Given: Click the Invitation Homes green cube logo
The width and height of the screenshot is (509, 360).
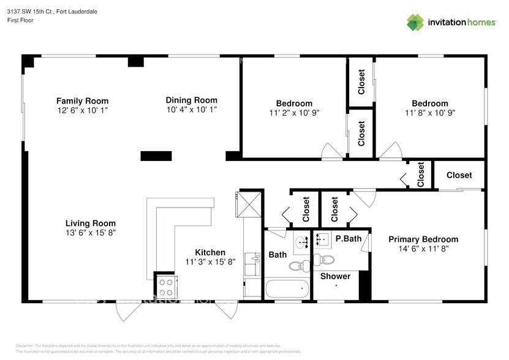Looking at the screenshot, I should pyautogui.click(x=415, y=22).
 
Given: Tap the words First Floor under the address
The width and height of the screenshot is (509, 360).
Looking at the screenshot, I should pyautogui.click(x=20, y=20).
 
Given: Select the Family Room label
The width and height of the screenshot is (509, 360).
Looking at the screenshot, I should pyautogui.click(x=82, y=101).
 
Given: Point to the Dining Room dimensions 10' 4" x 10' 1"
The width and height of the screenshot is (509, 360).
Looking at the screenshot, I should pyautogui.click(x=191, y=110).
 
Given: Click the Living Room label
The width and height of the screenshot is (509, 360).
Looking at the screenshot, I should pyautogui.click(x=91, y=223).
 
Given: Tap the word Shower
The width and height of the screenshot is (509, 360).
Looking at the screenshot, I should pyautogui.click(x=336, y=276).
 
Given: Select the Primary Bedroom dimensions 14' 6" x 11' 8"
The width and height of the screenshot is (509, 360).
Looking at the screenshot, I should pyautogui.click(x=423, y=249).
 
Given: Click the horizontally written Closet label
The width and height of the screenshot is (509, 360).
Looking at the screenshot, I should pyautogui.click(x=459, y=175).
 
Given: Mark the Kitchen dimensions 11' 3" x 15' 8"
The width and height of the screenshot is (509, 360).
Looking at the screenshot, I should pyautogui.click(x=210, y=261).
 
